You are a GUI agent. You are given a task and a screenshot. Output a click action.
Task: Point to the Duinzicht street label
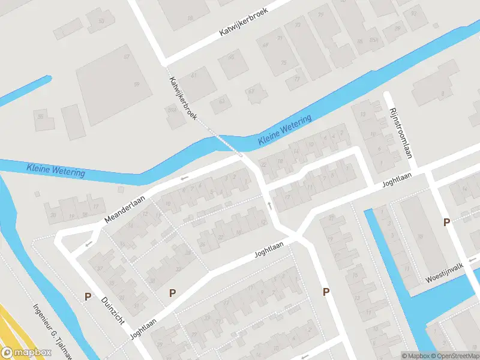pos(113,311)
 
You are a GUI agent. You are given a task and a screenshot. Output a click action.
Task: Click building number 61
pos(193,76)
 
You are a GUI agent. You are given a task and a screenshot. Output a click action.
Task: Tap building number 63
pos(222,101)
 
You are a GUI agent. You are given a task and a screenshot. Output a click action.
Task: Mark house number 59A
pos(171,110)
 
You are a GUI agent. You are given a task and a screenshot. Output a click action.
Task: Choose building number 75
pos(283,62)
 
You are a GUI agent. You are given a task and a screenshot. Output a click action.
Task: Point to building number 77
pos(296,79)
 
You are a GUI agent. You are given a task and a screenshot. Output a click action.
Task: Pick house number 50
pos(101,21)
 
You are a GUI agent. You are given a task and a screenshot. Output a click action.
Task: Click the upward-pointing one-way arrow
pos(269,206)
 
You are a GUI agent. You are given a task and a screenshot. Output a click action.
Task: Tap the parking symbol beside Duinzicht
pos(88,296)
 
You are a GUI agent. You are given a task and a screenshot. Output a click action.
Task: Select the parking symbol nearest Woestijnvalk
pos(446,223)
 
